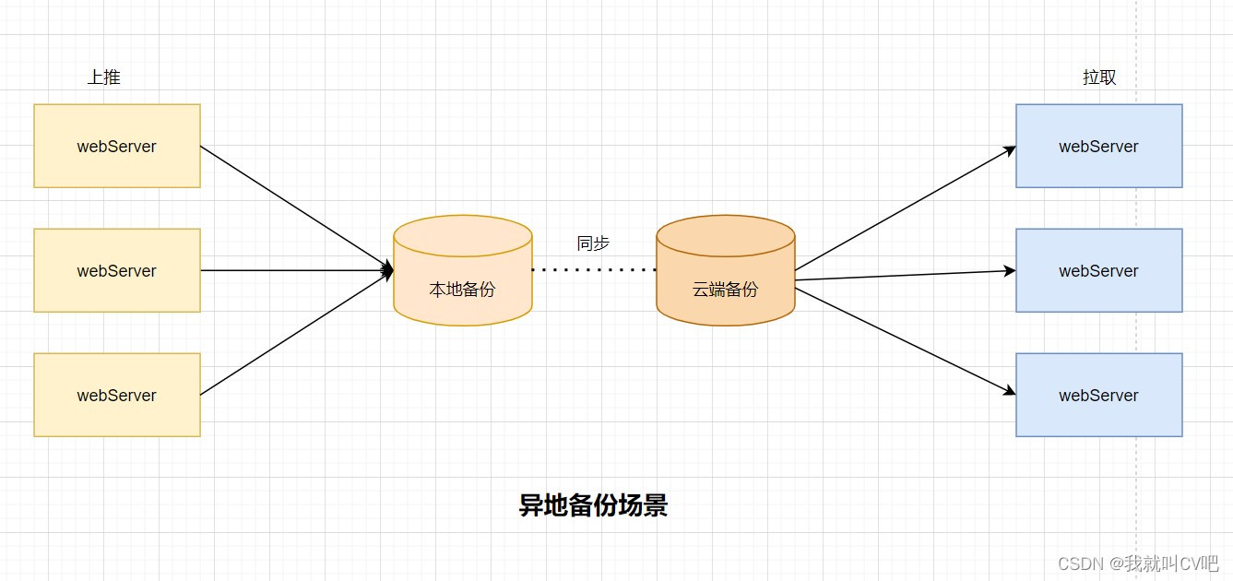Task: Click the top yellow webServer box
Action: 117,146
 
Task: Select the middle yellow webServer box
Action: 117,270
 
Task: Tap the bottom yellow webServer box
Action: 117,395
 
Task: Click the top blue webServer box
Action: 1098,146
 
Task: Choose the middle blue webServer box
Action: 1098,270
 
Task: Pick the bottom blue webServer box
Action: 1098,395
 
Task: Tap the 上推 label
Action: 103,77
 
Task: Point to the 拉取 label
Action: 1099,77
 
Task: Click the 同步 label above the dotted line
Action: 593,243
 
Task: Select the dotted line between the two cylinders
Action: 594,270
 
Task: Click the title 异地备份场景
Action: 593,505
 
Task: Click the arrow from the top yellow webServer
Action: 295,207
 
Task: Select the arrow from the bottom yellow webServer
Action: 295,334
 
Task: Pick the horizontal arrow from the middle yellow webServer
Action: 295,270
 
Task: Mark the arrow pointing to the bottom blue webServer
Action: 904,341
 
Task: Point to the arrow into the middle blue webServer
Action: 904,275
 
